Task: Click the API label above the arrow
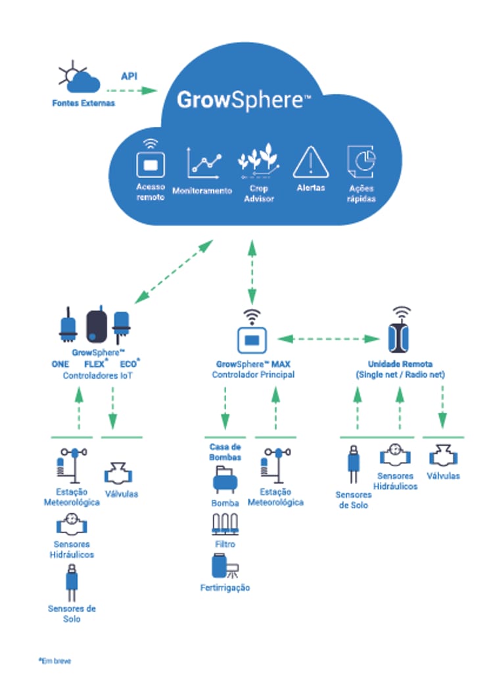(129, 76)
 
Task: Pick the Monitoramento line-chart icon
(202, 162)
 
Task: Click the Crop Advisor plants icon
(257, 161)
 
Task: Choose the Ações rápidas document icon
(362, 162)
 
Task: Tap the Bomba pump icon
(223, 481)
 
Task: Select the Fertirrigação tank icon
(224, 567)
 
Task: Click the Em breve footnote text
(55, 661)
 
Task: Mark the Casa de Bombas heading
(225, 452)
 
